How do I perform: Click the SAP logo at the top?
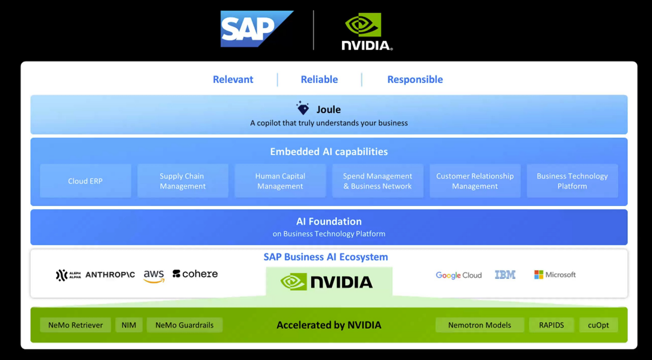point(256,29)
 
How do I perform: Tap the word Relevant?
point(233,79)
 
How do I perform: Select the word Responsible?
point(415,79)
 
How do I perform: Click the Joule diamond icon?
point(303,108)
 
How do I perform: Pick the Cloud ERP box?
point(85,181)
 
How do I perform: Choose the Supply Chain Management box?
point(182,181)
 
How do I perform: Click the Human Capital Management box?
point(280,181)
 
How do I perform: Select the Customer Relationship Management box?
point(475,181)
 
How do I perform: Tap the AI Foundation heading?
point(329,222)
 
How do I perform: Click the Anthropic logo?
point(110,275)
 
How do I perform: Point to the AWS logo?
point(154,276)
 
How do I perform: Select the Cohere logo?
point(195,274)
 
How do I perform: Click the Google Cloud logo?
point(459,275)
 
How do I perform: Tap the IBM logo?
point(505,275)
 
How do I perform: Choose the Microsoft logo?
point(555,275)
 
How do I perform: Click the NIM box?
point(129,325)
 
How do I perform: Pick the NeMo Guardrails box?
point(184,325)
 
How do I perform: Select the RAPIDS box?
point(551,325)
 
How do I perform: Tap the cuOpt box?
point(598,325)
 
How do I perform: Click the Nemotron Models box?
point(479,325)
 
